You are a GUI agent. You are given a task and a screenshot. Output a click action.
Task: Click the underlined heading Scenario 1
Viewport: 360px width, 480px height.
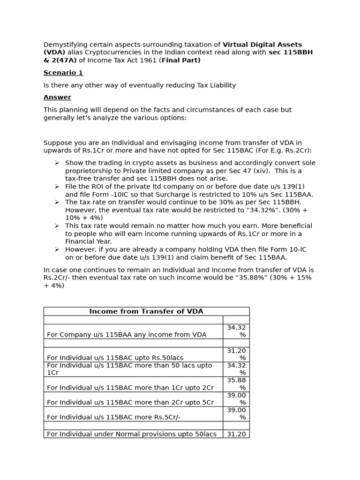tap(63, 73)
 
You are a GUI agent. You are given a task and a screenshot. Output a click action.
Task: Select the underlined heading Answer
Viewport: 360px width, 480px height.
tap(57, 97)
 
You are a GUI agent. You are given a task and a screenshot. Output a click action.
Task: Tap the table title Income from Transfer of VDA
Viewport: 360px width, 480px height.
tap(146, 311)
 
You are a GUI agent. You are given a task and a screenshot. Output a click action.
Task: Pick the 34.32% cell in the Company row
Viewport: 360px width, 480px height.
tap(236, 331)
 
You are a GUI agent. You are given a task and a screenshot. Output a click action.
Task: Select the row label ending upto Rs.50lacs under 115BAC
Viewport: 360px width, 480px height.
tap(115, 358)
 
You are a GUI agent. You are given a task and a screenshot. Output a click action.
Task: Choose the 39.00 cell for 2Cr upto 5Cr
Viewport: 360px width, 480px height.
tap(236, 399)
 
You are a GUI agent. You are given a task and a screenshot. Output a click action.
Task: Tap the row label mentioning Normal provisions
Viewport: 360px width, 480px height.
tap(131, 434)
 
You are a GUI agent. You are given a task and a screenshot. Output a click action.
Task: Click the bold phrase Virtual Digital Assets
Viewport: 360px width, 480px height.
tap(262, 45)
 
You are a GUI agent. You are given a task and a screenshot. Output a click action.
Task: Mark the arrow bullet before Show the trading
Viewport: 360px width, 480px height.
tap(57, 163)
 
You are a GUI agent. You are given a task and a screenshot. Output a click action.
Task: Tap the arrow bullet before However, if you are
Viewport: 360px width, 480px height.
tap(57, 249)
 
